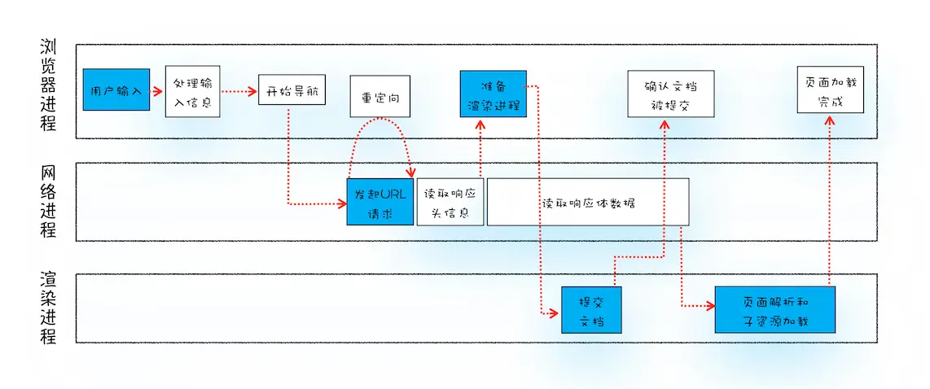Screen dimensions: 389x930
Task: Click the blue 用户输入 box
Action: point(116,90)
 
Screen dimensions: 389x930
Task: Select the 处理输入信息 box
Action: point(192,91)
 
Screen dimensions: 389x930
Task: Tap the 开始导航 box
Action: point(292,90)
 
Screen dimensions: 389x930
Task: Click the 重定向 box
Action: point(379,97)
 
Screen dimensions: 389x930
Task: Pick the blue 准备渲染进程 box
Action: point(493,94)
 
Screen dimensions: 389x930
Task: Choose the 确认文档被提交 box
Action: point(670,94)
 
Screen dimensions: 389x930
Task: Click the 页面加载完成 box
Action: point(829,90)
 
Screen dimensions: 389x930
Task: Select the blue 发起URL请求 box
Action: point(380,202)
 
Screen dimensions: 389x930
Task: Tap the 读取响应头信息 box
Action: point(450,202)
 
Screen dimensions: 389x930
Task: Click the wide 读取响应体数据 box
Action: point(587,202)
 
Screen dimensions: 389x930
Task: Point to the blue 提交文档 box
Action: point(591,310)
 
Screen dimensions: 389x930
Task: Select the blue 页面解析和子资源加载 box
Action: point(775,310)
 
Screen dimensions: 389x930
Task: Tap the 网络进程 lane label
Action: point(48,201)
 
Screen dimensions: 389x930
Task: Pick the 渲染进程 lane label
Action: point(48,308)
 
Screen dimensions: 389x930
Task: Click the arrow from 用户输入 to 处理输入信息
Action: point(157,90)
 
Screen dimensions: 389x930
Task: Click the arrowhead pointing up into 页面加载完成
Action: point(829,119)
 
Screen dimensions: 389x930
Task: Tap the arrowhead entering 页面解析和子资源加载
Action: point(710,306)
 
